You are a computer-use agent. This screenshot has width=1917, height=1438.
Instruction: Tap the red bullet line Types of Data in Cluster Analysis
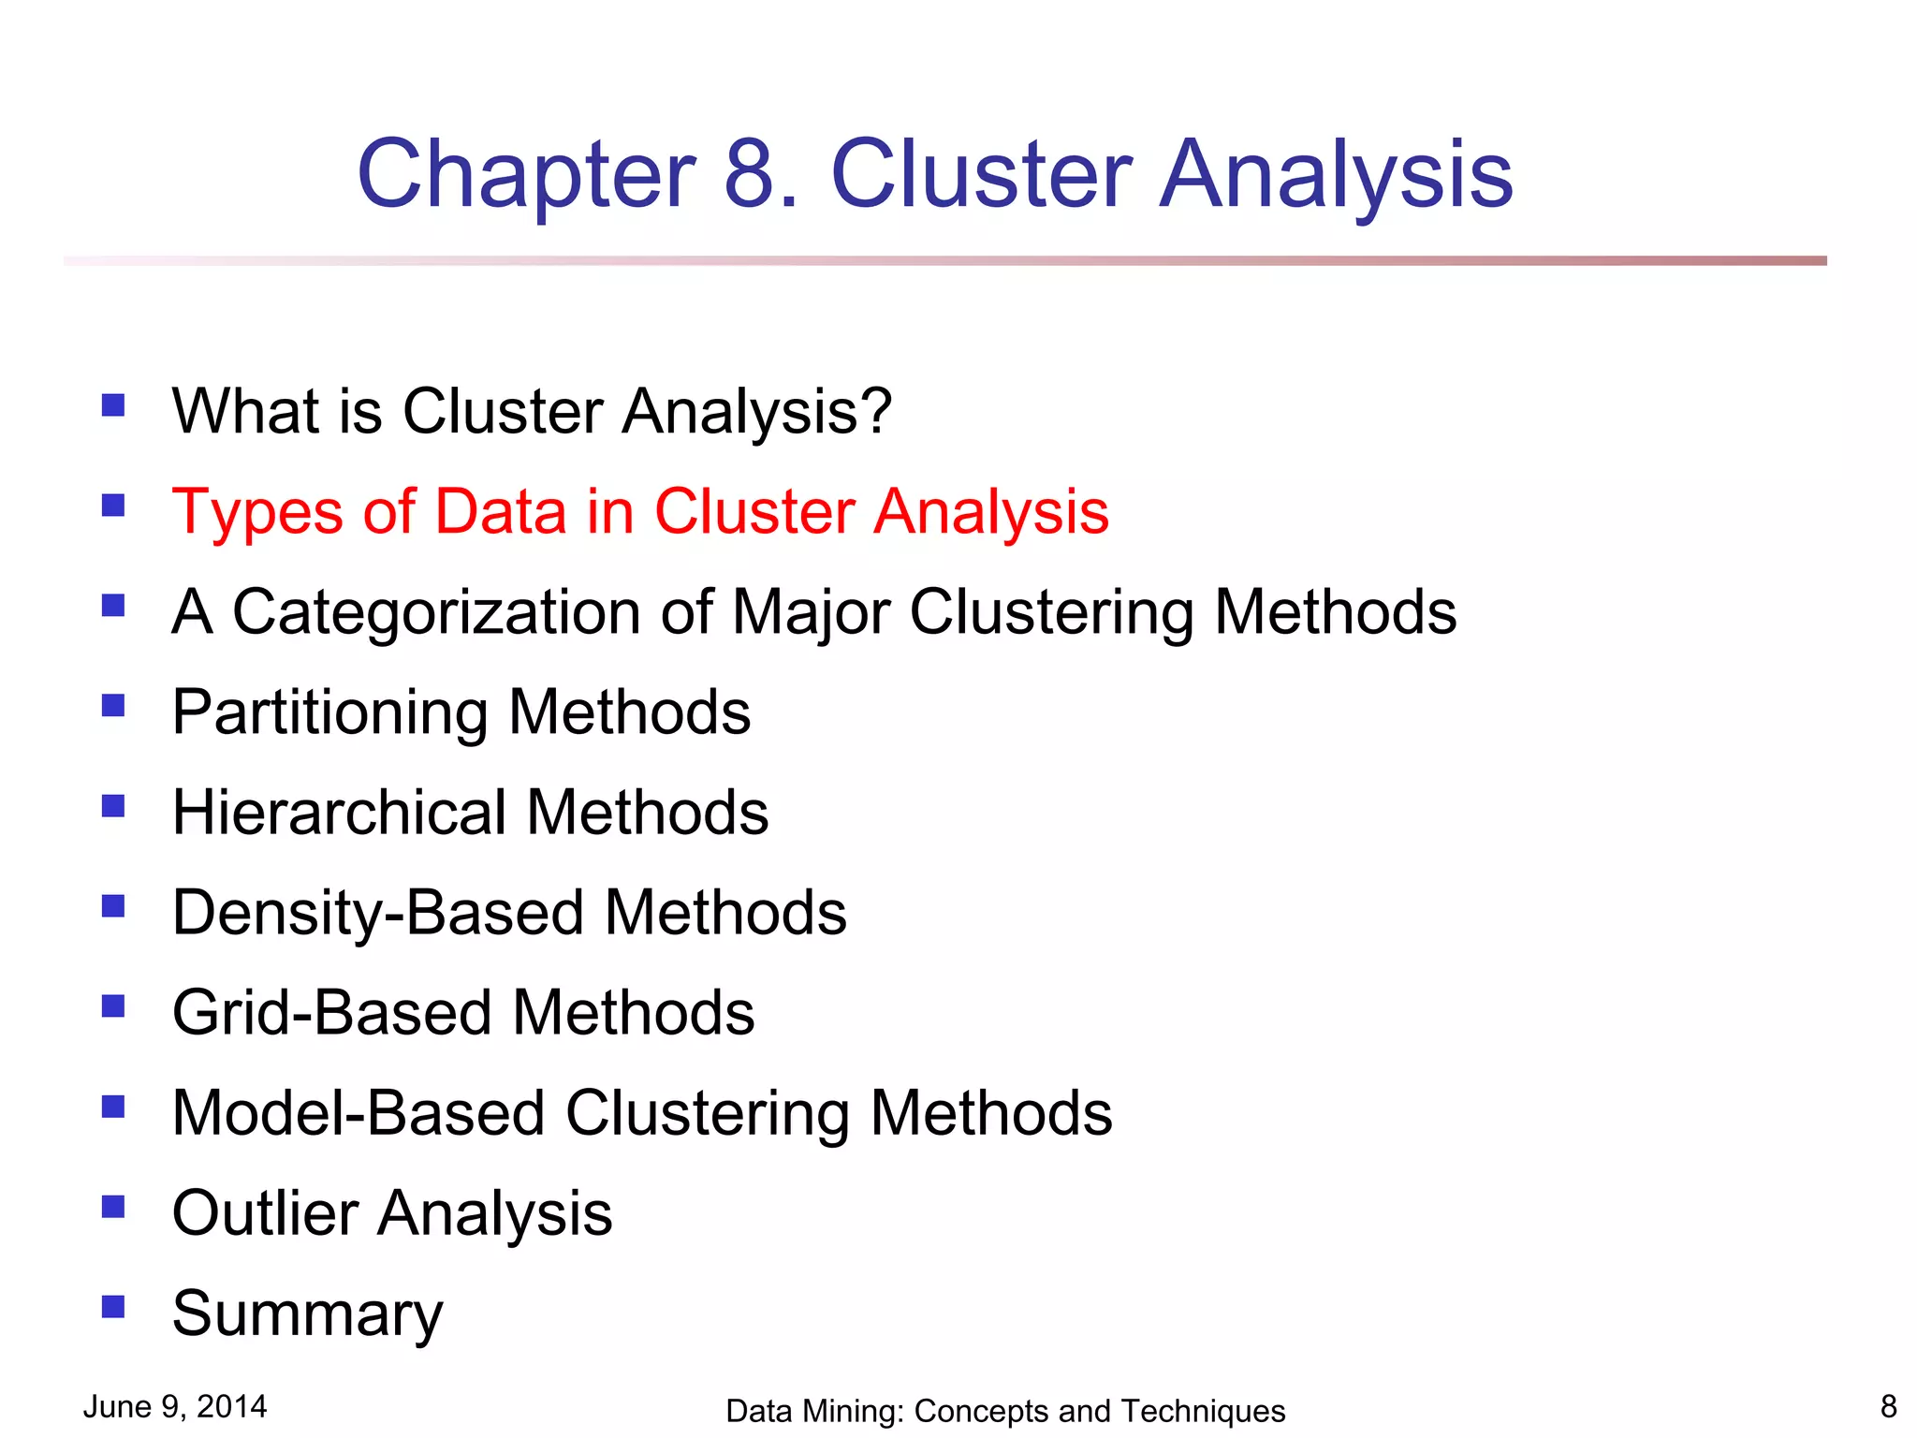tap(640, 512)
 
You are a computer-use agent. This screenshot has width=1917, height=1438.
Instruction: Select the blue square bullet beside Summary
tap(113, 1306)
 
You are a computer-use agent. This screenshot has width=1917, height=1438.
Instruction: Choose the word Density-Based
tap(378, 913)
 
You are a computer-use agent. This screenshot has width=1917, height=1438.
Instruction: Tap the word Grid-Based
tap(332, 1013)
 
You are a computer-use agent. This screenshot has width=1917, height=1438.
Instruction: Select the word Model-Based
tap(359, 1113)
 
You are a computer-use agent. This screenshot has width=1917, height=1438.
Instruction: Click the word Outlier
tap(265, 1213)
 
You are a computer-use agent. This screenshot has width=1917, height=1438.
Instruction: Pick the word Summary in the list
tap(307, 1314)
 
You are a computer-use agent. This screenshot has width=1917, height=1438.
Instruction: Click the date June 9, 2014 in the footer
tap(175, 1406)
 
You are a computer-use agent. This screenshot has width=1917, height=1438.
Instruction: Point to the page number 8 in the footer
tap(1888, 1406)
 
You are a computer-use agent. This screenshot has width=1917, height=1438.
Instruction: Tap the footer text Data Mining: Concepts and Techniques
tap(1005, 1411)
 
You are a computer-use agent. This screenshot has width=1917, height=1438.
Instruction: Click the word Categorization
tap(436, 613)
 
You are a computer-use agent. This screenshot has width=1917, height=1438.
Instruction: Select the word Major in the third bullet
tap(811, 613)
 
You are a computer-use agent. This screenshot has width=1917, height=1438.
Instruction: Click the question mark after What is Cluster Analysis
tap(875, 412)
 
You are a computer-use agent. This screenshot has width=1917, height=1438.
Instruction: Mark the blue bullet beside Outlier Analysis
tap(113, 1206)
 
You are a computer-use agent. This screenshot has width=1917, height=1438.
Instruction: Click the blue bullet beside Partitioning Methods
tap(113, 705)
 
